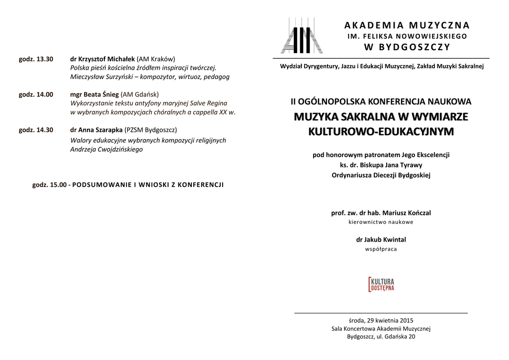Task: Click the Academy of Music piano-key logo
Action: pos(302,36)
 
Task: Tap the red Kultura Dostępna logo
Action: pos(381,284)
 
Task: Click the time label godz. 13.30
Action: pos(36,59)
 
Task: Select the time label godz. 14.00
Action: pos(36,94)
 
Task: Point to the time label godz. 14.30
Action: pos(36,130)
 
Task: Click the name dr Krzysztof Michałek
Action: pos(102,59)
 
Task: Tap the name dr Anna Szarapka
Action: pos(96,130)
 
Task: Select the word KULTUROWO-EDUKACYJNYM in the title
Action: pos(381,132)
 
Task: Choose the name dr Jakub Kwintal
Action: pos(381,239)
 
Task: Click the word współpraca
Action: pos(381,249)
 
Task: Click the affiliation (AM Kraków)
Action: pos(156,59)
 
